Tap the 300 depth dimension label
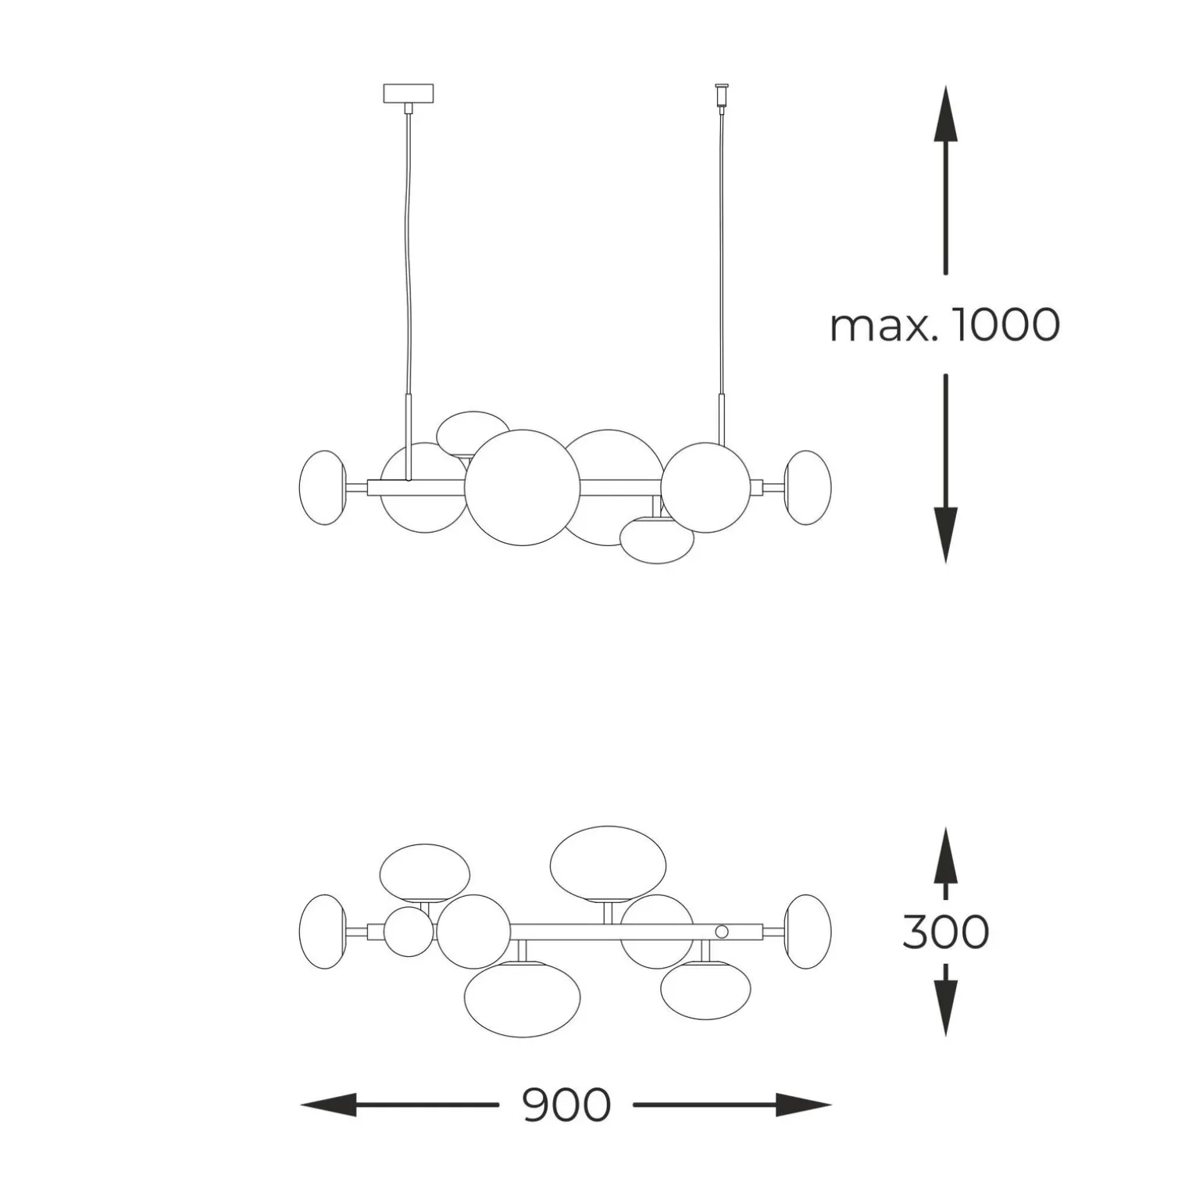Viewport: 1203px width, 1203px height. tap(946, 931)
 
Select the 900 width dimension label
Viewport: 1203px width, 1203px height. tap(566, 1105)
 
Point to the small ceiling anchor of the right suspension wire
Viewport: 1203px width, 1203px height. tap(721, 95)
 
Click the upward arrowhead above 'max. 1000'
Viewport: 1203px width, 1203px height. tap(946, 113)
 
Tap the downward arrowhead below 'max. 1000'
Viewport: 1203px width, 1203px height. tap(946, 535)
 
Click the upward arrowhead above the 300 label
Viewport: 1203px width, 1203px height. tap(946, 855)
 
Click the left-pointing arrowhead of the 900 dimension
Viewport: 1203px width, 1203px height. tap(329, 1105)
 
